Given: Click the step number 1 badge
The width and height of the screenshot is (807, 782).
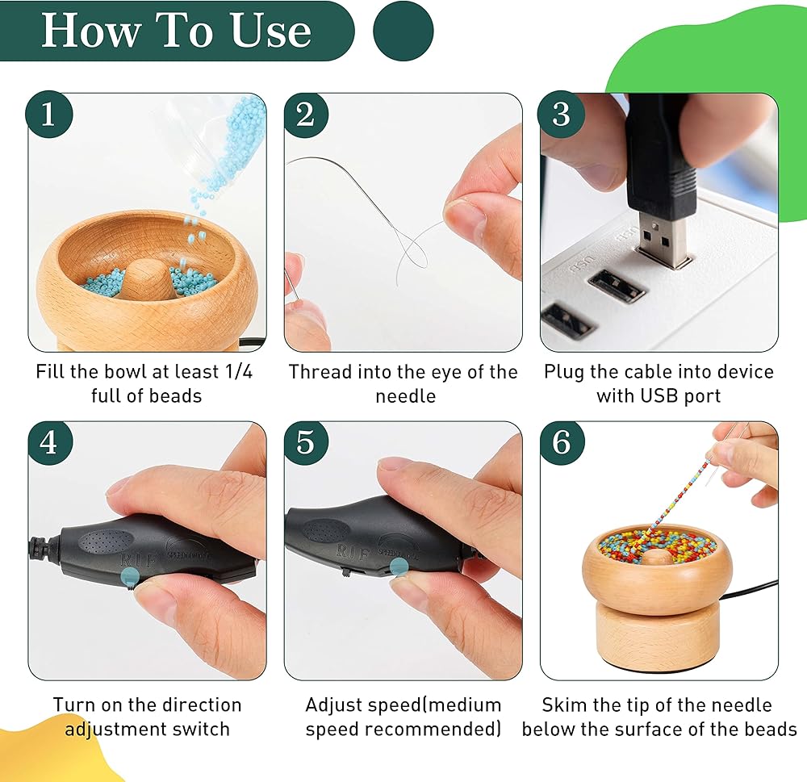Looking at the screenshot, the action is (49, 114).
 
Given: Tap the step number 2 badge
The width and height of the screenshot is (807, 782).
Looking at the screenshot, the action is (306, 115).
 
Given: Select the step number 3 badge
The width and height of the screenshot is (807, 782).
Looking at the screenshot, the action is (561, 115).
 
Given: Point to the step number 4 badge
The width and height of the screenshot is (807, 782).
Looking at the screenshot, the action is (49, 442).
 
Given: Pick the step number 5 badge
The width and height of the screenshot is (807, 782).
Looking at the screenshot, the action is (306, 442).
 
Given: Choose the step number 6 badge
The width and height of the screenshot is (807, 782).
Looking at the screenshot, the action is (562, 442).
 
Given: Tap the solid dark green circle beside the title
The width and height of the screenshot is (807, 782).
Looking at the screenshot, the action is (403, 31).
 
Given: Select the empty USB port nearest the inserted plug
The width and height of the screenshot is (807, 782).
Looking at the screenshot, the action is (616, 286).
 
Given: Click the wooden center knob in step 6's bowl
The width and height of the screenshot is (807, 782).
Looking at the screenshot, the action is (657, 557).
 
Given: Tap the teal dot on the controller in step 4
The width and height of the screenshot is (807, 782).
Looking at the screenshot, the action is (128, 575).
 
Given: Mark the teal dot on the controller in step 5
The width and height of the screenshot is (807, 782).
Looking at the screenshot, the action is (399, 567).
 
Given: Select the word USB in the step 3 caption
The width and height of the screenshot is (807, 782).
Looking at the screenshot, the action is (659, 396).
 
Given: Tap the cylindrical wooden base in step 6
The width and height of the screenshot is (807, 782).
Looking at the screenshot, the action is (656, 635).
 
